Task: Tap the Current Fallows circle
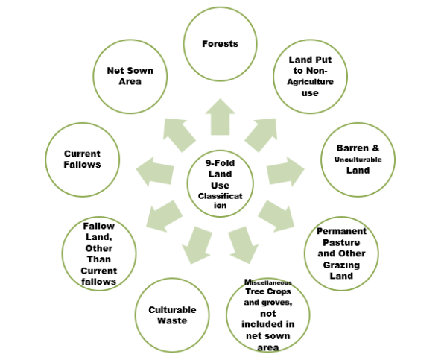coord(82,159)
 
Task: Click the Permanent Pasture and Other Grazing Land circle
coord(341,253)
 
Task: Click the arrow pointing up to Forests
coord(221,117)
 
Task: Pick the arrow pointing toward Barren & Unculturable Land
coord(286,171)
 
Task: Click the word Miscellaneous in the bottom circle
coord(266,282)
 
